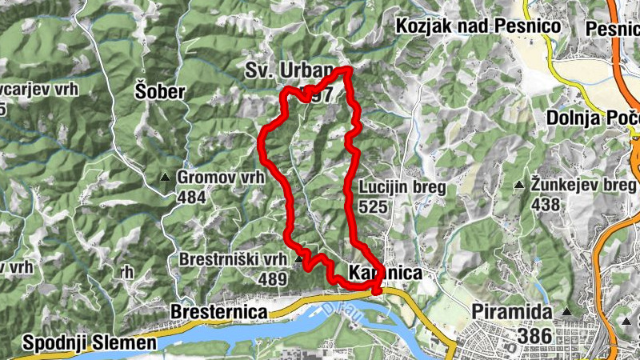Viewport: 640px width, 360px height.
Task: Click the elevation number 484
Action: (192, 197)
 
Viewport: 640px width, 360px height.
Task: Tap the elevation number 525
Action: (374, 206)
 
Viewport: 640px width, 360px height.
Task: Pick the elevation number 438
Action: (546, 205)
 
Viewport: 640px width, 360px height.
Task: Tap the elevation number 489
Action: (273, 279)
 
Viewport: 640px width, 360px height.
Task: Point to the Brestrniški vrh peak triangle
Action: (299, 260)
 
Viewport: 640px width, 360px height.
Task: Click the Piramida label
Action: (513, 311)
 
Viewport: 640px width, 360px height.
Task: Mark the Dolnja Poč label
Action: (593, 118)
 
